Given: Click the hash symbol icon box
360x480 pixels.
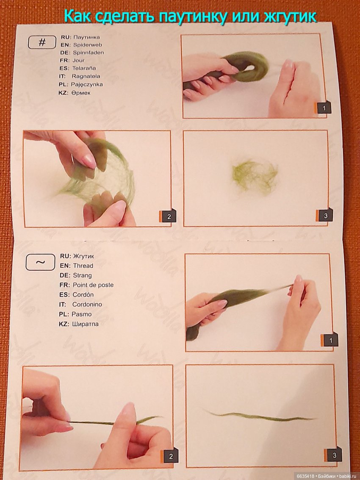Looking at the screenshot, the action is point(42,42).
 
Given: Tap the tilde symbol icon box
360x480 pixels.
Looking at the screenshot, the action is point(40,263).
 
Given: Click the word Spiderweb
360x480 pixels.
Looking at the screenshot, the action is point(88,44).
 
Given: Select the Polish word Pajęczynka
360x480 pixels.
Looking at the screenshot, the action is point(87,84).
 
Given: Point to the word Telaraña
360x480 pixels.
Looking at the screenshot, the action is point(84,68).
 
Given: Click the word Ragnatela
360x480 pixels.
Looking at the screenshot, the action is point(86,76).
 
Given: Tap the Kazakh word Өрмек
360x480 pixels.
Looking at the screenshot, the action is point(81,93).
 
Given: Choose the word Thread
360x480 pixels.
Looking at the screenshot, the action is point(83,266).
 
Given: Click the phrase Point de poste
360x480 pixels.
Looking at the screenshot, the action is point(93,285).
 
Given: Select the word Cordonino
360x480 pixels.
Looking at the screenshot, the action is point(87,304).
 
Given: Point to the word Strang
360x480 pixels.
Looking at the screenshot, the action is point(82,275).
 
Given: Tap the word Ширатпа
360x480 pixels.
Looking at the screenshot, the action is point(86,324).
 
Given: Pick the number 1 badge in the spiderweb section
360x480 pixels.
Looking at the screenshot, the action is point(323,108).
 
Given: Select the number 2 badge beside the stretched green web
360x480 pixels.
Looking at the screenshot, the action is point(168,216).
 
